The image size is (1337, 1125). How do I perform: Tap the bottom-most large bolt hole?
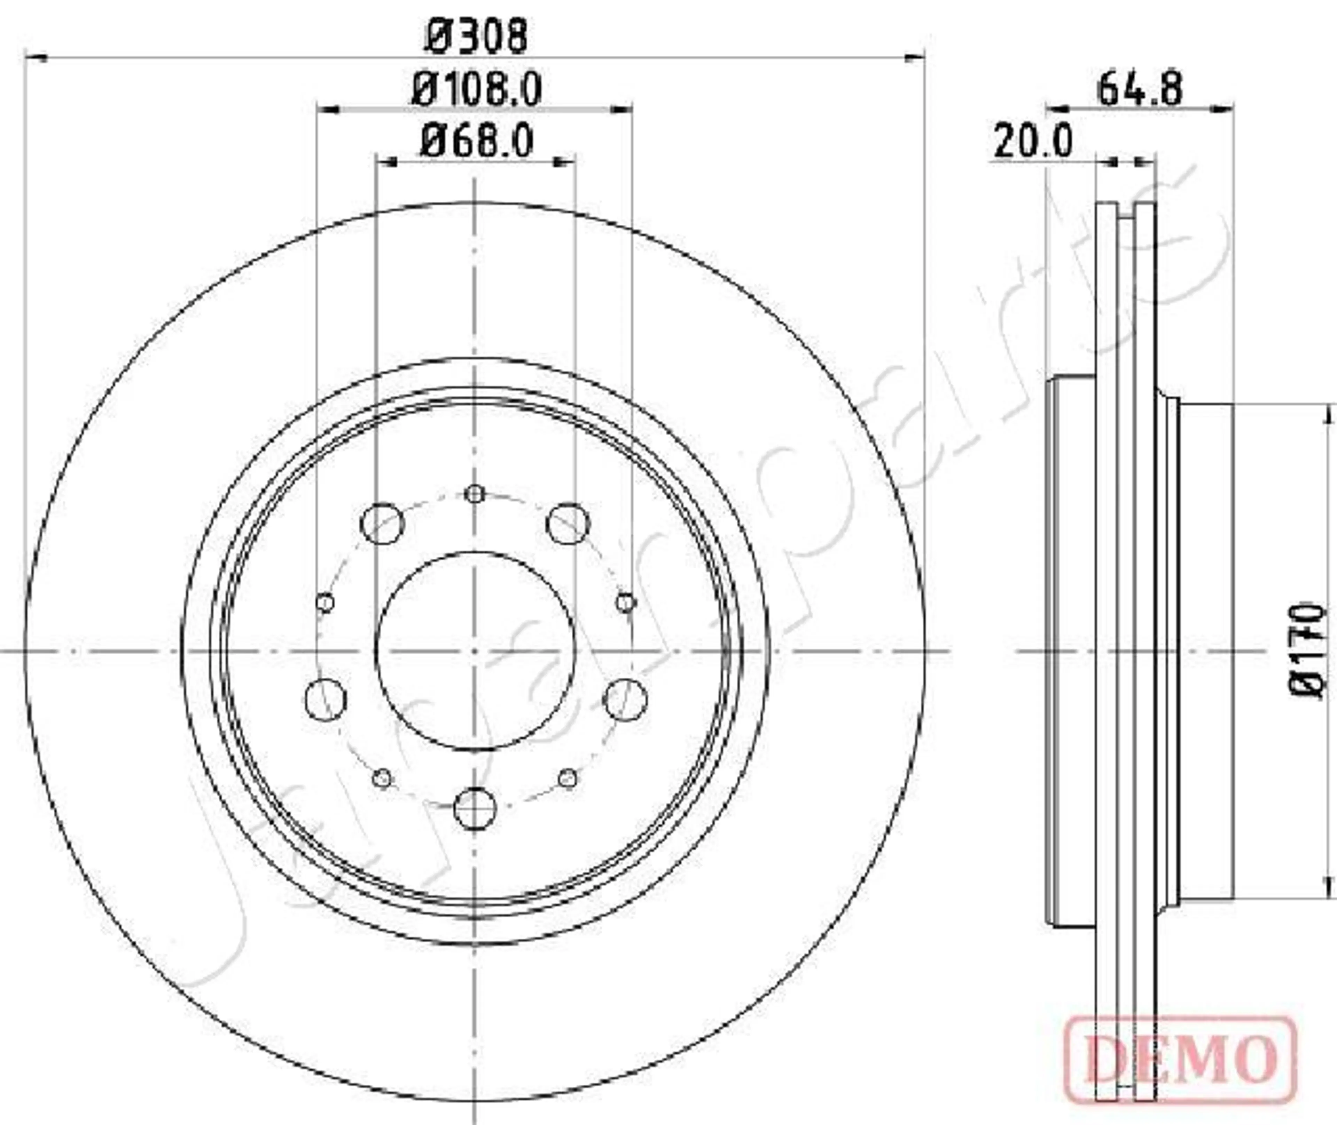[x=474, y=809]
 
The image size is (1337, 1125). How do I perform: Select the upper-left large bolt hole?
[x=382, y=524]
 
